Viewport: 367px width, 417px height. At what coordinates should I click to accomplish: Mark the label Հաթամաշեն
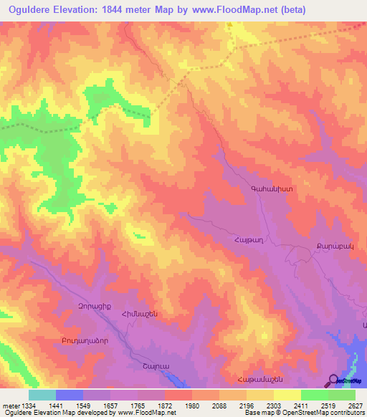pos(256,379)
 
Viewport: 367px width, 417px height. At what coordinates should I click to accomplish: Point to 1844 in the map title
pos(113,10)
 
